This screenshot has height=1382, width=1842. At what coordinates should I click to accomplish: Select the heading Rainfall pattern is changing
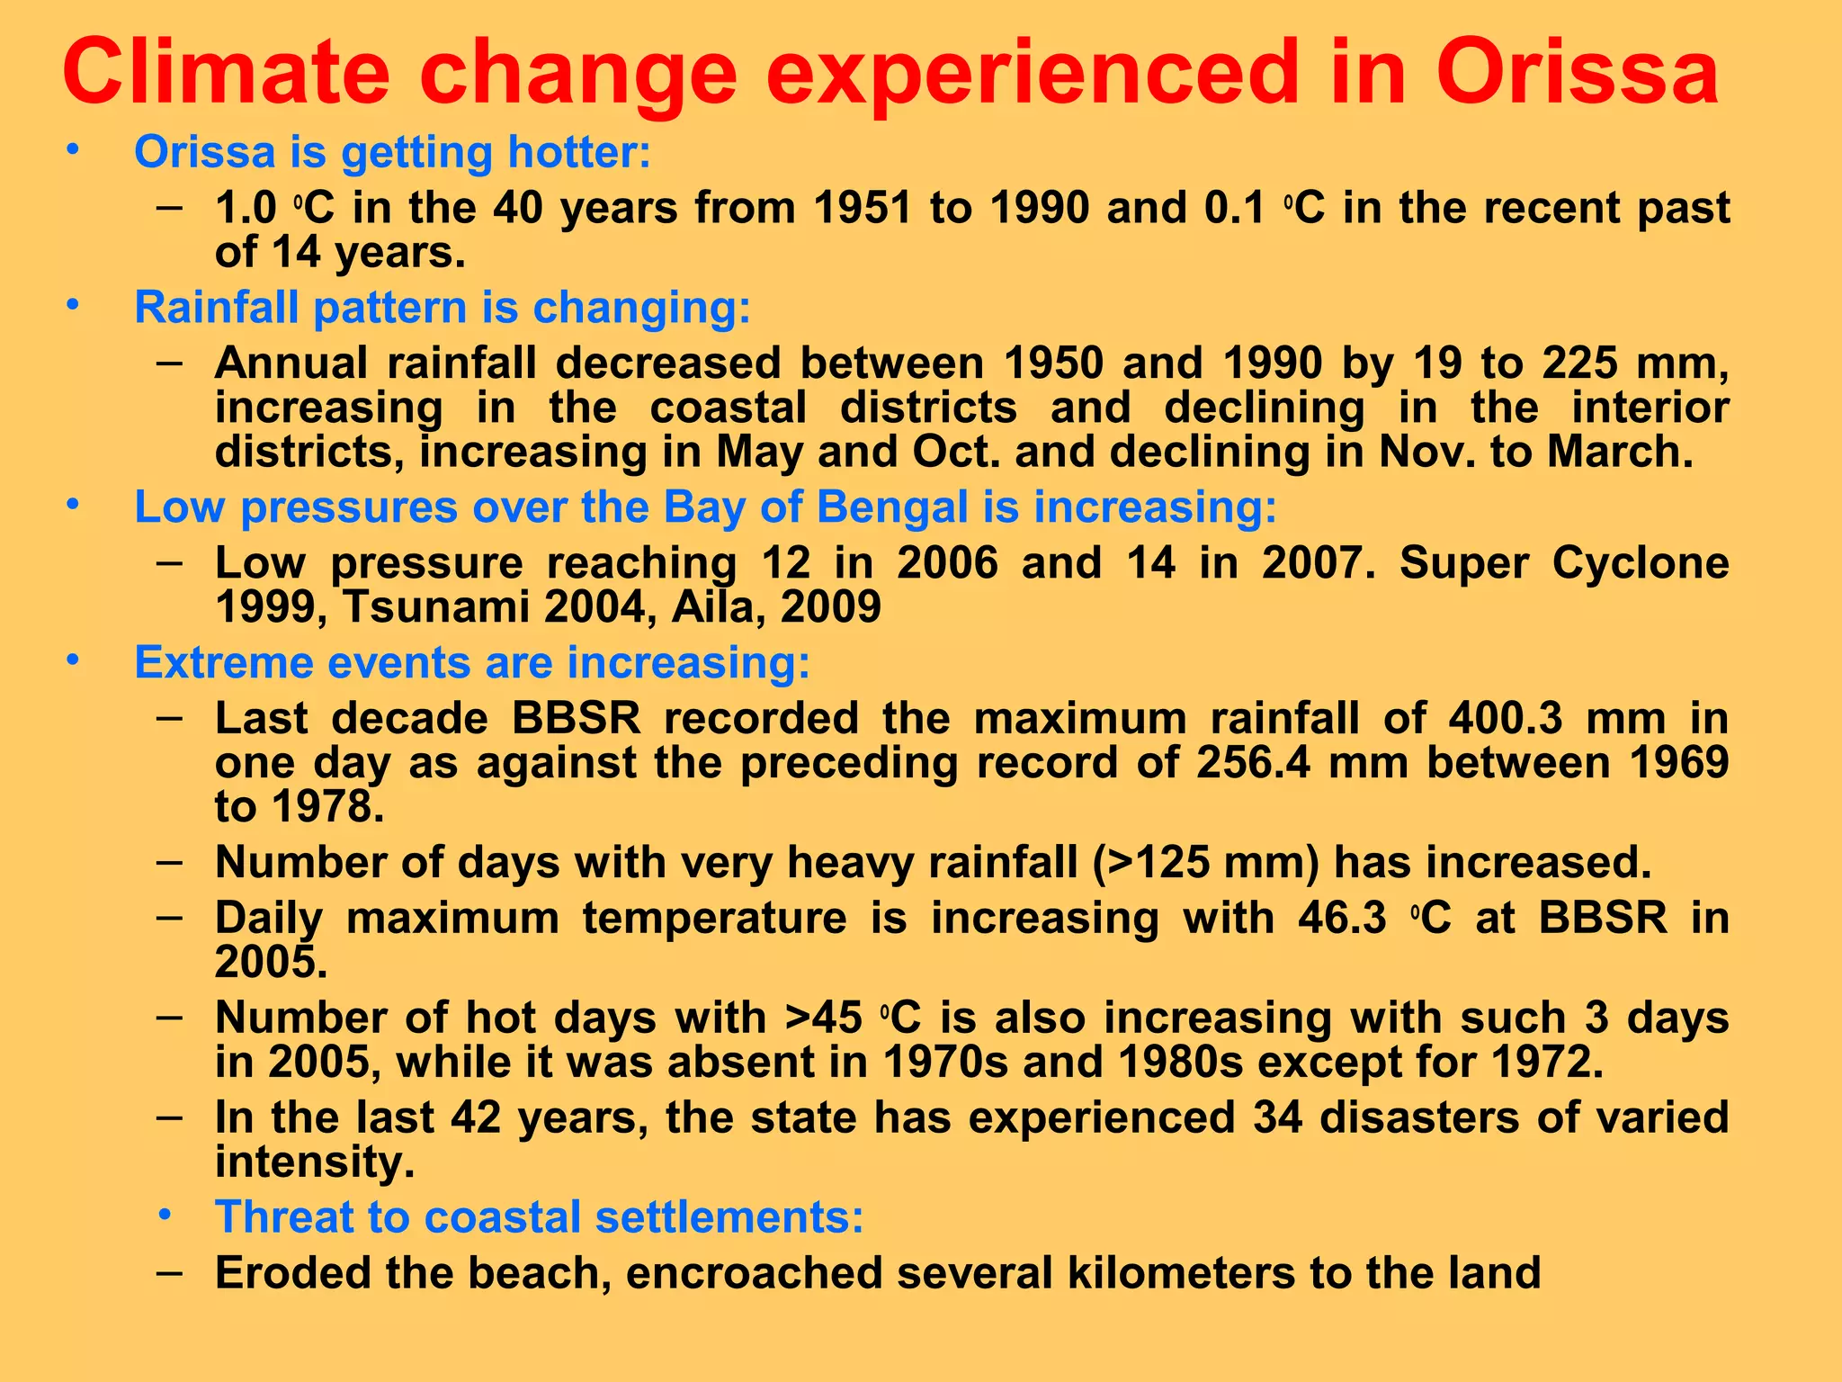(442, 308)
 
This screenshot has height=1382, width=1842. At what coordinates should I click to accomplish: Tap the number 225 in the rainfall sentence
(1581, 363)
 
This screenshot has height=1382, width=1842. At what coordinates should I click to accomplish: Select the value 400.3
(1507, 719)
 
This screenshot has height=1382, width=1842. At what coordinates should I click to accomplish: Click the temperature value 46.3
(1342, 919)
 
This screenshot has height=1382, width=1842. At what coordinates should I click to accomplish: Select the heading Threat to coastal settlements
(539, 1217)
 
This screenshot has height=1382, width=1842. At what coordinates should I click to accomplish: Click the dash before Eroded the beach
(169, 1272)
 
